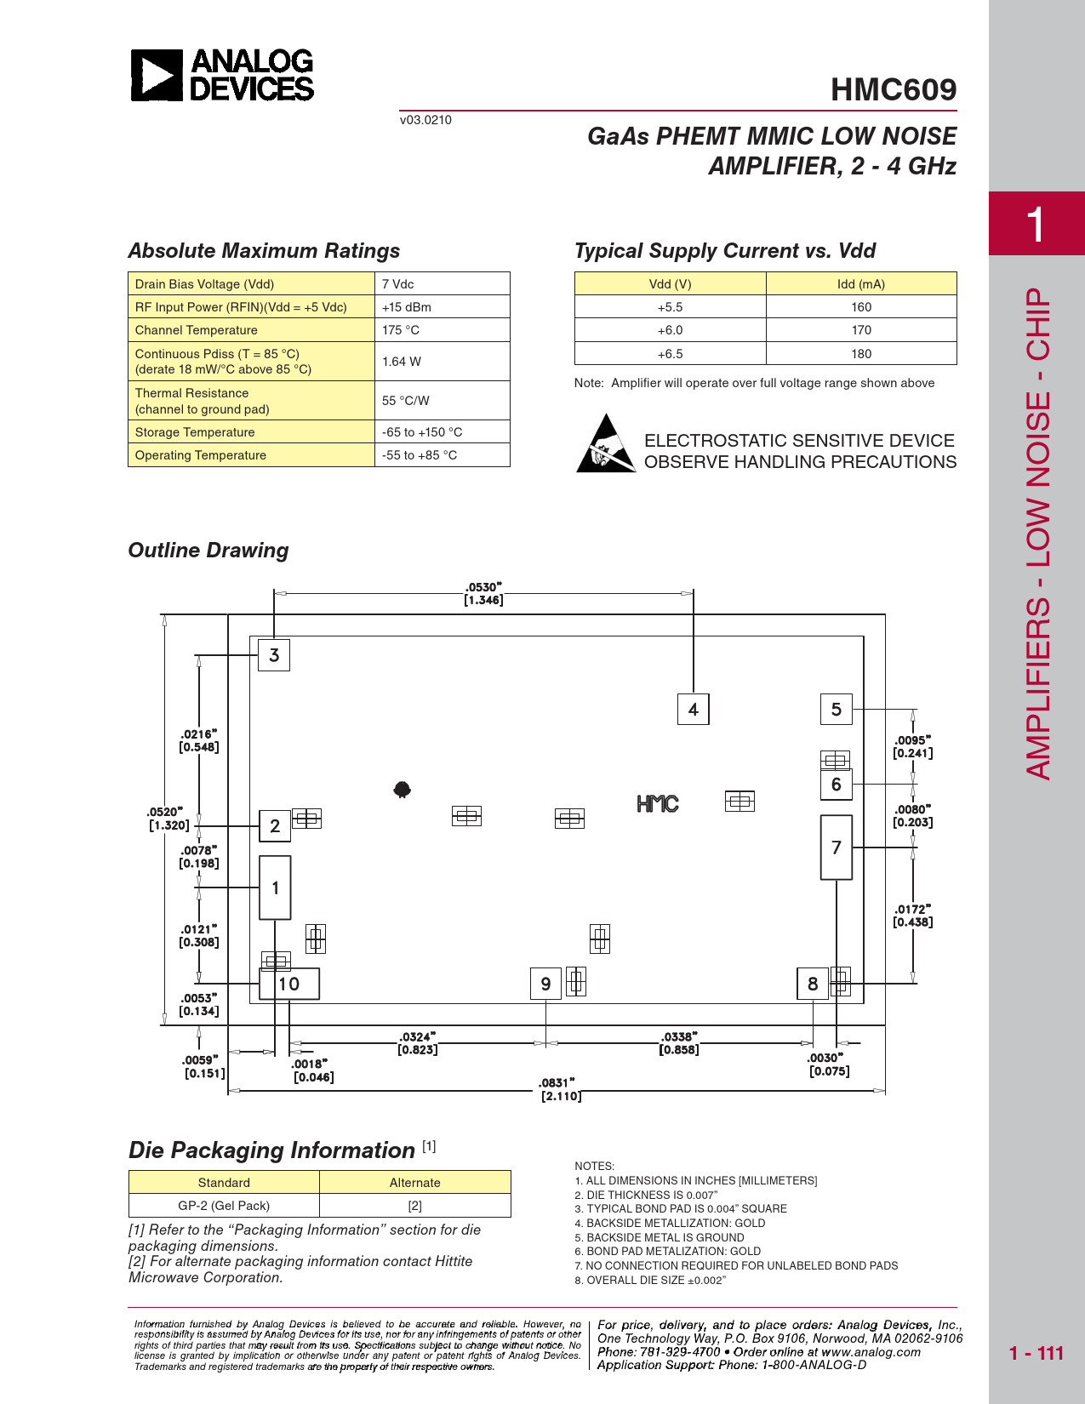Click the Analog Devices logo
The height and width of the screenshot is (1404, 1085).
pos(222,75)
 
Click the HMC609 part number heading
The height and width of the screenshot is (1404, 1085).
pos(893,89)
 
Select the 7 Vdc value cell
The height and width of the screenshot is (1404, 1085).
pos(442,284)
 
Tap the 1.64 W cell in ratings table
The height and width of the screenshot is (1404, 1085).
pos(442,362)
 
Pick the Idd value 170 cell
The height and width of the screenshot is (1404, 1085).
pos(860,330)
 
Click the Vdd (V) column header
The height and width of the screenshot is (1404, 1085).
pos(670,284)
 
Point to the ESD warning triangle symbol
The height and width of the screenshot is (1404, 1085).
pos(605,444)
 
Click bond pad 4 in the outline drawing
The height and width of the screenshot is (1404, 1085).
pos(693,709)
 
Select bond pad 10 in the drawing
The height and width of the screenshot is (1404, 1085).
pos(289,984)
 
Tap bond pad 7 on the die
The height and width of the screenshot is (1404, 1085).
pos(836,848)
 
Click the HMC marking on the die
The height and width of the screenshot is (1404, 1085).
pos(658,804)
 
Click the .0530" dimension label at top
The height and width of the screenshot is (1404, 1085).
pos(483,594)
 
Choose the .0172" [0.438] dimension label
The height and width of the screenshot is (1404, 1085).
pos(912,916)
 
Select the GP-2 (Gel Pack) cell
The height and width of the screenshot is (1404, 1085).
pos(224,1206)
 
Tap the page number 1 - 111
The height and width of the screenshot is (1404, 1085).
pos(1036,1354)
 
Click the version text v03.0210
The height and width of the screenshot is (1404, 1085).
pos(425,120)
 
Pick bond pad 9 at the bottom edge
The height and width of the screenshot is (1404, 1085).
pos(545,984)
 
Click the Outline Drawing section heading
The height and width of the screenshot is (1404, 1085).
pos(208,551)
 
